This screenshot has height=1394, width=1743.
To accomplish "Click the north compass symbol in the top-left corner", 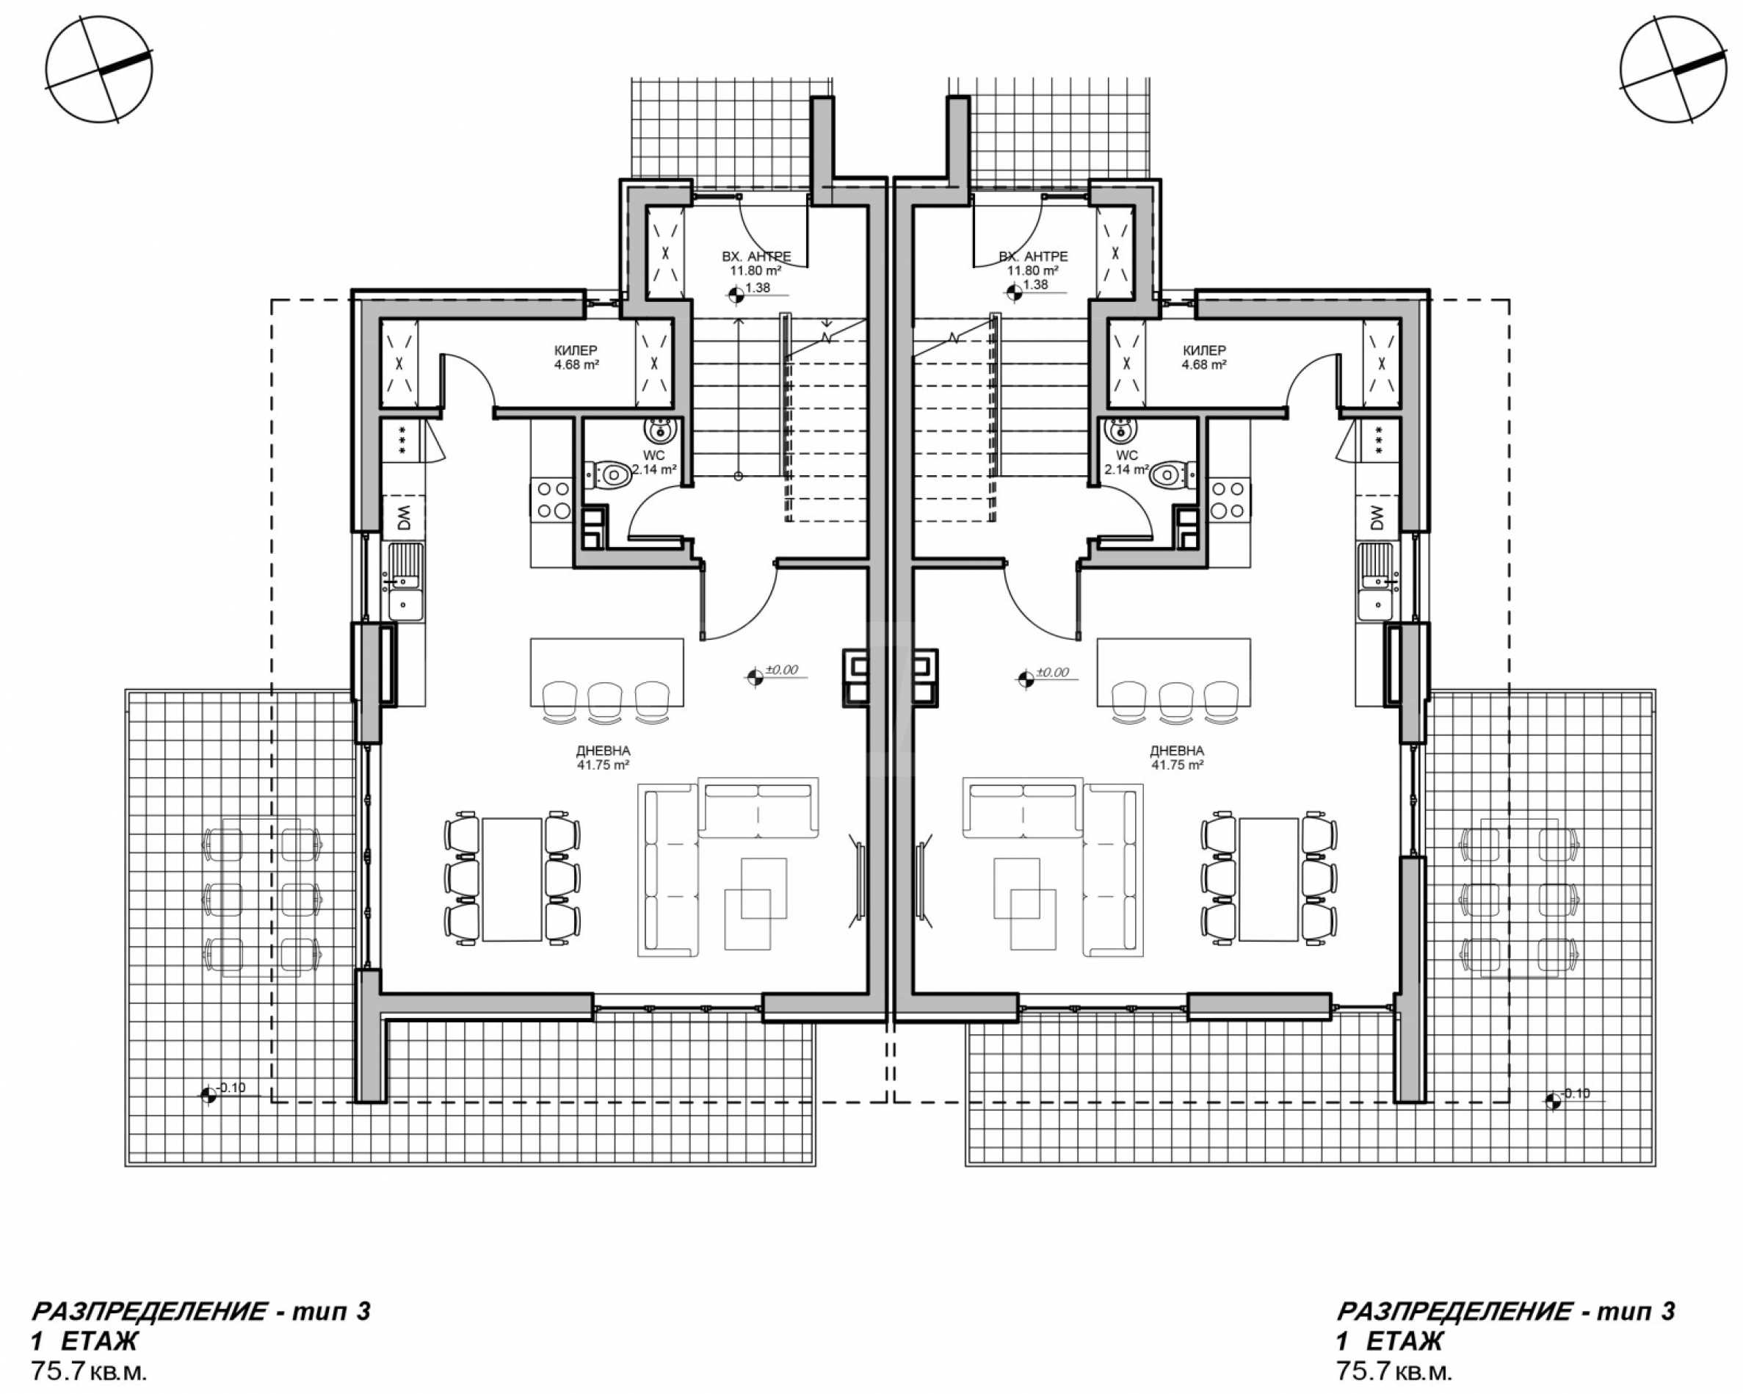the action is (x=98, y=70).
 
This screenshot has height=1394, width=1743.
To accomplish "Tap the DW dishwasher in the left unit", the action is (x=405, y=515).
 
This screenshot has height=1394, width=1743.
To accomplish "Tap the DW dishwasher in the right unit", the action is (x=1377, y=516).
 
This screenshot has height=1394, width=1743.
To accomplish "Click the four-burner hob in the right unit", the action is (x=1228, y=499).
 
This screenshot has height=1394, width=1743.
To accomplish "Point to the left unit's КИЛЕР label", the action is (x=576, y=350).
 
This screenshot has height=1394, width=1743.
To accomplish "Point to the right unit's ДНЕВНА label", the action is (x=1176, y=751).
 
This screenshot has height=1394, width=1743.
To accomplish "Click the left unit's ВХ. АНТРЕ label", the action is (x=757, y=256).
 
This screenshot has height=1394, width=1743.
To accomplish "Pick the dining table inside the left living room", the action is (x=512, y=879).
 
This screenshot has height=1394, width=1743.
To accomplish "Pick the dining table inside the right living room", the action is (x=1269, y=879).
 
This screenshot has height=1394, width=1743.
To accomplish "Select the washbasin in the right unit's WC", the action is (x=1121, y=430).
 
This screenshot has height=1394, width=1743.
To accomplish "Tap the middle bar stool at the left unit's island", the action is (x=606, y=699).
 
